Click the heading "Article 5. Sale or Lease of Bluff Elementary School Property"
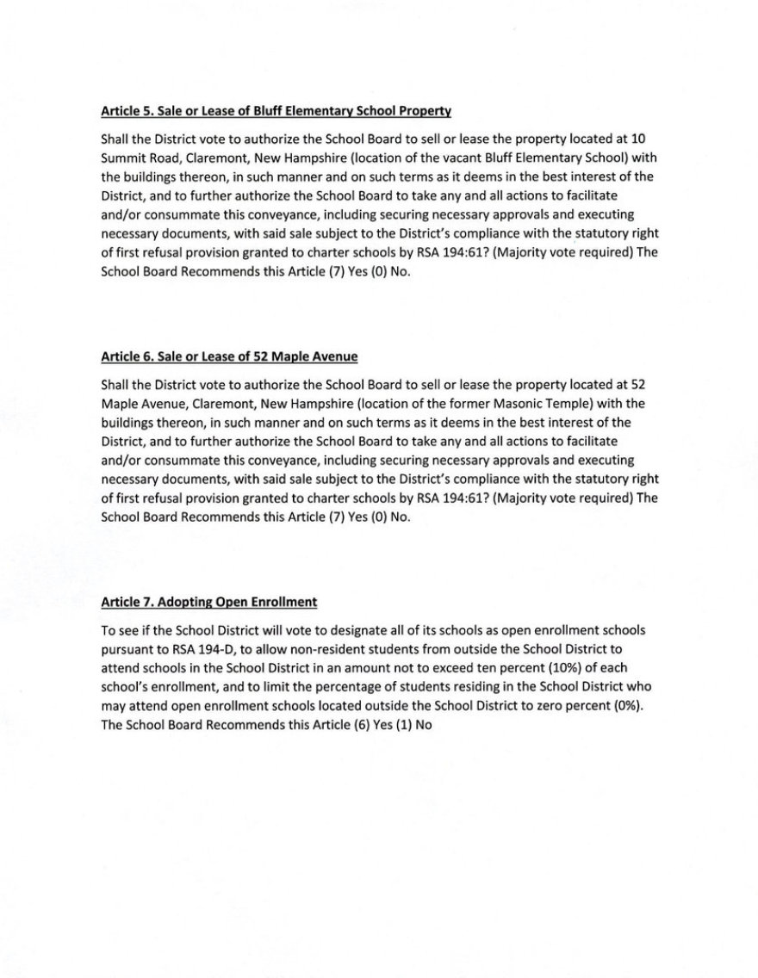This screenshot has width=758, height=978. coord(276,111)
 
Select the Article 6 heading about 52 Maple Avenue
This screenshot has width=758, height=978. coord(229,356)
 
